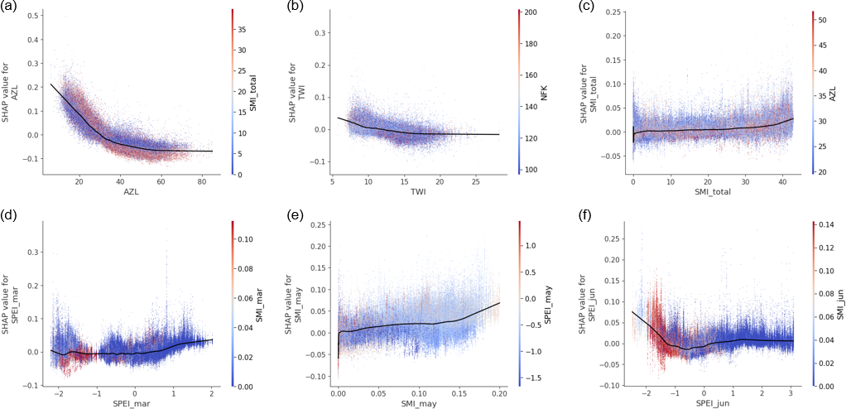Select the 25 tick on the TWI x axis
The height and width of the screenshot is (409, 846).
pyautogui.click(x=477, y=181)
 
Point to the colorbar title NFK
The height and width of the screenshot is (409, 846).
pyautogui.click(x=546, y=93)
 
